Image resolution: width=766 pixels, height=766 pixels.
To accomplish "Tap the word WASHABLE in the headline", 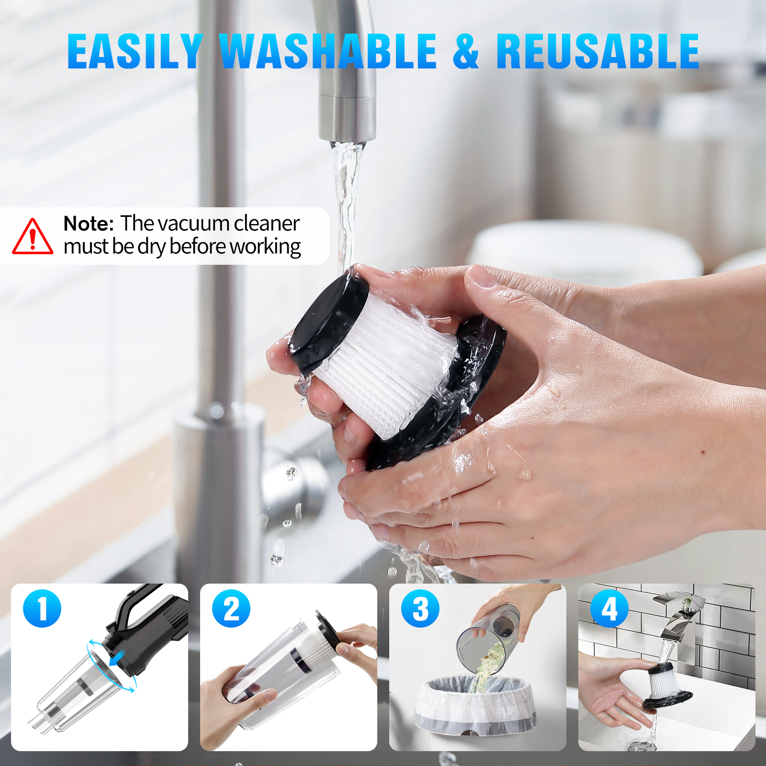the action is point(328,51).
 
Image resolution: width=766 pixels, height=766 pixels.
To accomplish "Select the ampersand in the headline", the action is point(466,51).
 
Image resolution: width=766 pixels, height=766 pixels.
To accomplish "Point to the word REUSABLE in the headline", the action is point(597,51).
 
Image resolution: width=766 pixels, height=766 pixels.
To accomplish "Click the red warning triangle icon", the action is point(33,237).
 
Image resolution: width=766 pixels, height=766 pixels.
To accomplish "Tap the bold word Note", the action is point(89,224).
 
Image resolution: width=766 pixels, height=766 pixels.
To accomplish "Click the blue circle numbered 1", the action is point(42,608).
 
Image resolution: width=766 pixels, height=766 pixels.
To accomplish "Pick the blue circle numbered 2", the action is point(231,608).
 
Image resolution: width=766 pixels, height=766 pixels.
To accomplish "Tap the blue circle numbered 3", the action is point(420,608).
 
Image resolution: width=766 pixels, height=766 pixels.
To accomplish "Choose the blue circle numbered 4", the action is point(609,608).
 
